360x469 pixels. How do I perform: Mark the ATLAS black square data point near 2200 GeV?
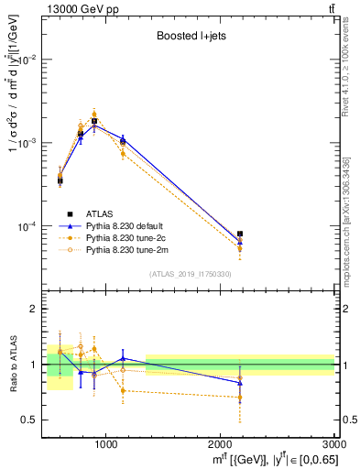coord(240,234)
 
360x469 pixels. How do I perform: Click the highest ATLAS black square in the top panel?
coord(94,121)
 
